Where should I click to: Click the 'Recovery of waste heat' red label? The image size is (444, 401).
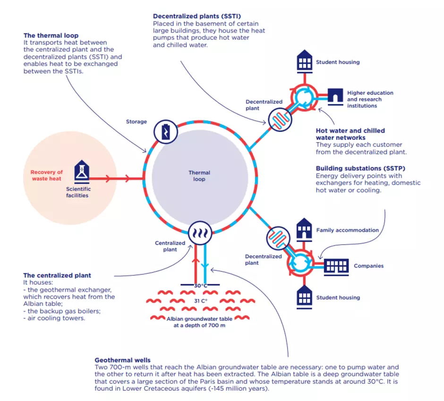pyautogui.click(x=47, y=175)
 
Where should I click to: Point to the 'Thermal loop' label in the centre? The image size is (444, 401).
pyautogui.click(x=199, y=176)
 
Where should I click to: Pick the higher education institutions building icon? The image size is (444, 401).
pyautogui.click(x=335, y=95)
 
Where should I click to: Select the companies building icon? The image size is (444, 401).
pyautogui.click(x=336, y=266)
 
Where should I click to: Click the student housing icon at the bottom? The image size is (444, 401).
pyautogui.click(x=304, y=297)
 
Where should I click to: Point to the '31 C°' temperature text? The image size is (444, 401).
pyautogui.click(x=201, y=300)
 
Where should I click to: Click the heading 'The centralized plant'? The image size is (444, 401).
pyautogui.click(x=57, y=275)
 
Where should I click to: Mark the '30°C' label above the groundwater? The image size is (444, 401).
pyautogui.click(x=200, y=286)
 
